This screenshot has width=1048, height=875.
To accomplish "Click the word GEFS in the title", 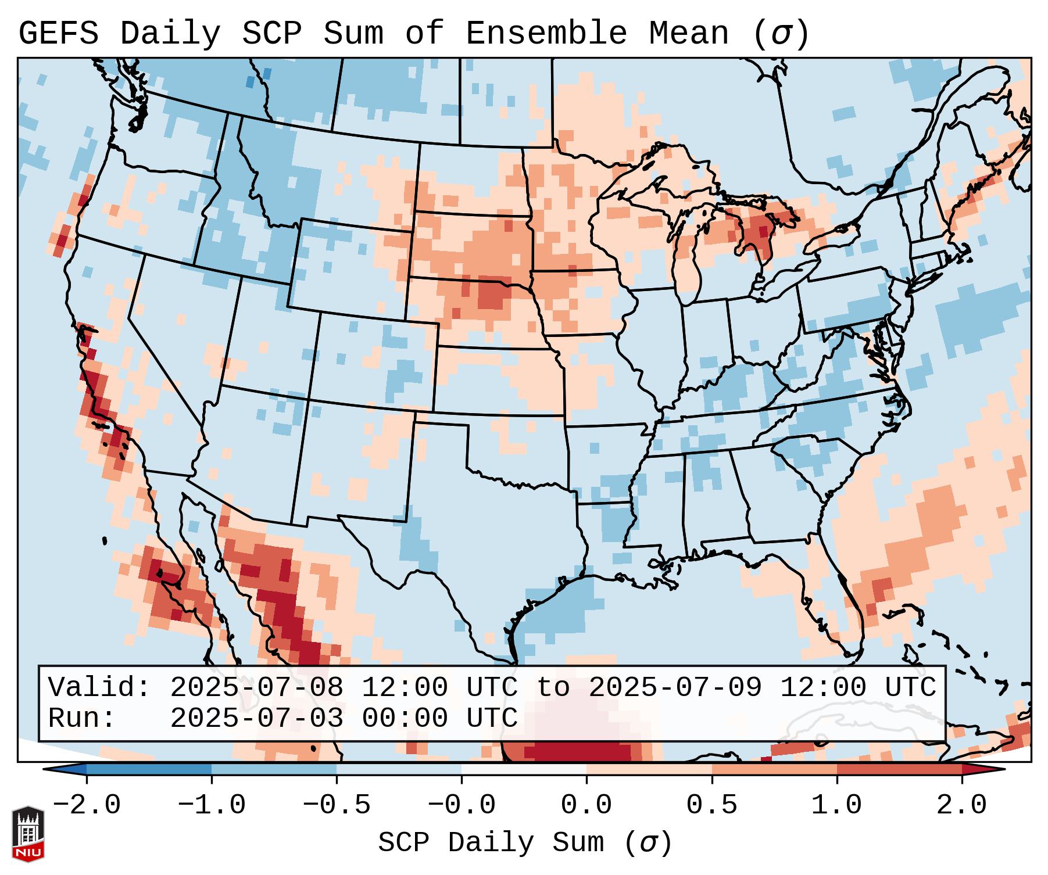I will (x=58, y=34).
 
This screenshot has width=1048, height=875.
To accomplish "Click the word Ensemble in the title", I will (x=546, y=34).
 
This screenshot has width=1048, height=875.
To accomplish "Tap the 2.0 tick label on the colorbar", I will (x=961, y=805).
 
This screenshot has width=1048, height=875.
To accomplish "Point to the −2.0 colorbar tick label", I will (x=87, y=805).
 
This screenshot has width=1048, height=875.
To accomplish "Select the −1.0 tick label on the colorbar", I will (x=212, y=805).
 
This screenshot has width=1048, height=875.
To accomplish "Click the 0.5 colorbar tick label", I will (x=711, y=805).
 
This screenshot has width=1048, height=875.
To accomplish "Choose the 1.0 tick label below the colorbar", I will (x=836, y=805).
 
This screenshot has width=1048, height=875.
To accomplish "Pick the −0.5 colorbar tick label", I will (x=337, y=805).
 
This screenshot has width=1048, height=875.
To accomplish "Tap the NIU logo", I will (x=28, y=834).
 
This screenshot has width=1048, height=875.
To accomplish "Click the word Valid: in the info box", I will (x=99, y=688).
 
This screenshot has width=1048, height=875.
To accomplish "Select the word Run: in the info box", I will (x=82, y=719).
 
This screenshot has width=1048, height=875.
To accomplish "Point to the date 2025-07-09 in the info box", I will (x=675, y=688).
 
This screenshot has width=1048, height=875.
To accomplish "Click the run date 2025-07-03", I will (x=256, y=719).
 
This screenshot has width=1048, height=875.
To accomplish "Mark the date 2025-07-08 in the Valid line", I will (x=256, y=688).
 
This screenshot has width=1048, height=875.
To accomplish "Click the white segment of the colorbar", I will (x=524, y=769).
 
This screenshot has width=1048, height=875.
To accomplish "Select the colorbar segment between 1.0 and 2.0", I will (x=899, y=769).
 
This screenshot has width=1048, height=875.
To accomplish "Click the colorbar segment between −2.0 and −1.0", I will (x=149, y=769).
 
